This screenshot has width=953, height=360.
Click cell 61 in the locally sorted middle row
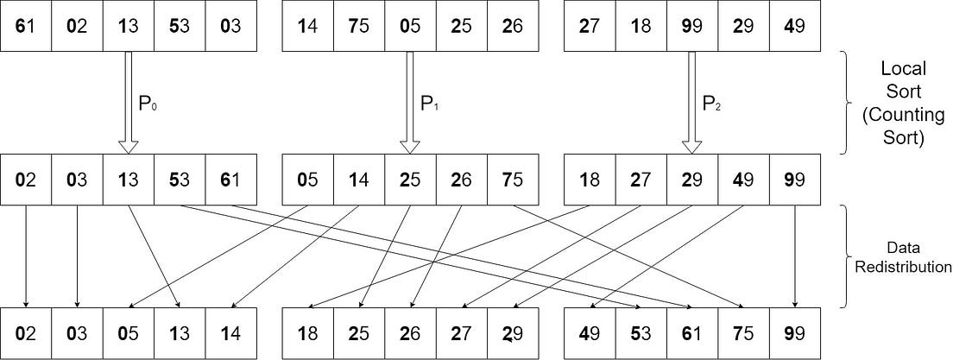click(x=230, y=180)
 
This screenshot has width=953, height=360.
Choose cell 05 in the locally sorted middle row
click(x=307, y=180)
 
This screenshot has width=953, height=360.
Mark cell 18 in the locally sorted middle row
click(x=588, y=180)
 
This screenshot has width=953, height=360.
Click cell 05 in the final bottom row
click(x=128, y=333)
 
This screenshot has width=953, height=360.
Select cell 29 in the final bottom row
click(x=511, y=333)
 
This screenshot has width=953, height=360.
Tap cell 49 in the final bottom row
click(x=588, y=333)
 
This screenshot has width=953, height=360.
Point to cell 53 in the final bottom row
click(x=640, y=333)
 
